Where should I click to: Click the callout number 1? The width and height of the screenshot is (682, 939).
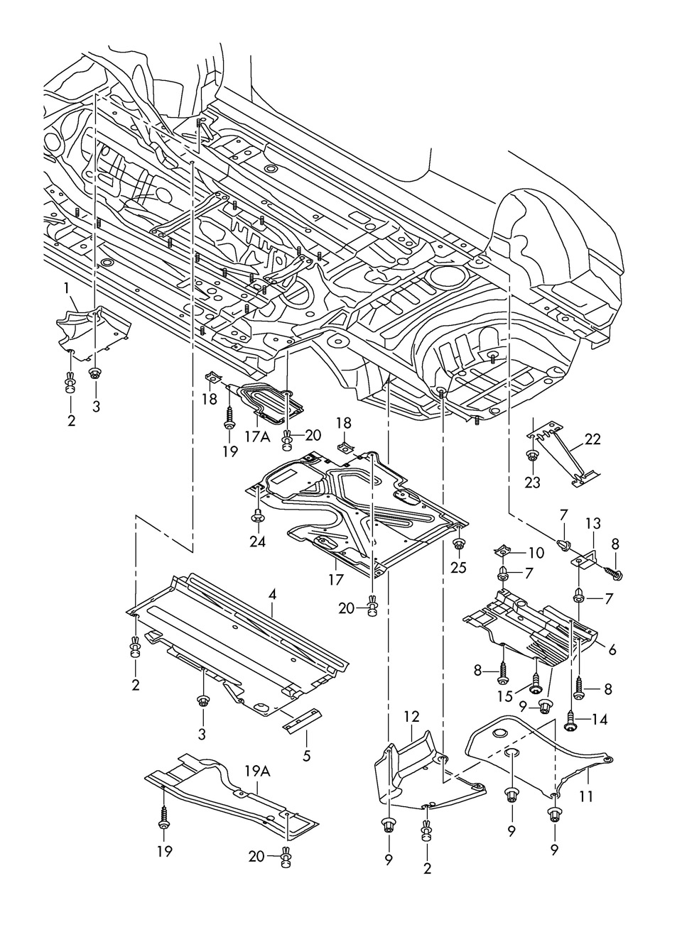[x=66, y=288]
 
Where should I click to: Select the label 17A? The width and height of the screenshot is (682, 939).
[x=258, y=437]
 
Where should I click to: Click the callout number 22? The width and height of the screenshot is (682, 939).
[x=592, y=439]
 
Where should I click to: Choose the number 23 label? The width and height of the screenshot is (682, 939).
[x=532, y=483]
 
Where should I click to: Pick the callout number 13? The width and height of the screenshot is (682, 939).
[x=593, y=524]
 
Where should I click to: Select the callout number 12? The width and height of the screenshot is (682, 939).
[x=413, y=717]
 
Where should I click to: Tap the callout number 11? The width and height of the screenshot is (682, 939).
[x=585, y=797]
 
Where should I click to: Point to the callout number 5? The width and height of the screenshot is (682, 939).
[x=306, y=757]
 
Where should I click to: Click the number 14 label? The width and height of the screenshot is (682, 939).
[x=599, y=719]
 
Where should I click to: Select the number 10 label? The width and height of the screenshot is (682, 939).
[x=536, y=551]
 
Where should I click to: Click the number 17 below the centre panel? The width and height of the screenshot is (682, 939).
[x=336, y=579]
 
